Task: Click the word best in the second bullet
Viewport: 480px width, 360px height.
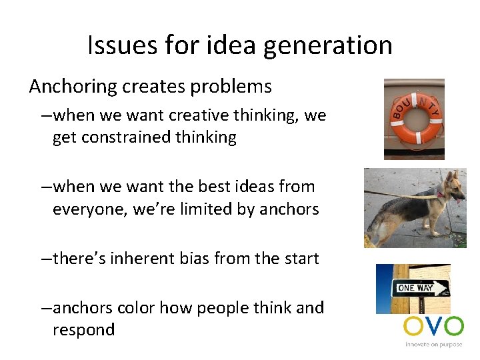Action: coord(212,187)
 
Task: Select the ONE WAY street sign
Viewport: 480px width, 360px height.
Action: coord(420,289)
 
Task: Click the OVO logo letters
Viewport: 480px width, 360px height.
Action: coord(433,327)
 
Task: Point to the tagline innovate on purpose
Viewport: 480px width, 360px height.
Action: coord(433,345)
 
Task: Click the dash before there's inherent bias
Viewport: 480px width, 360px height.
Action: coord(45,259)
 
